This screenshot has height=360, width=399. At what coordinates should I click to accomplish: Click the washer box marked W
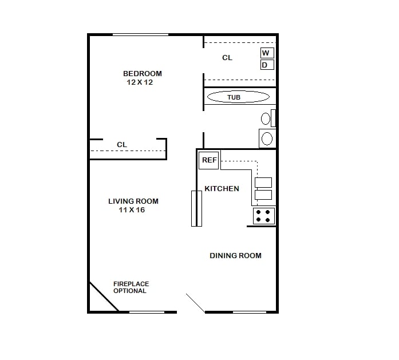[x=266, y=53]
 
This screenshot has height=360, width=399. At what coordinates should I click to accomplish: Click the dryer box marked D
[x=266, y=65]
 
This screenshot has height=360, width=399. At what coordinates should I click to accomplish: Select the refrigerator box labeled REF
[x=209, y=160]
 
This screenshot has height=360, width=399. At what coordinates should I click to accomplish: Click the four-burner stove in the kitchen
[x=264, y=216]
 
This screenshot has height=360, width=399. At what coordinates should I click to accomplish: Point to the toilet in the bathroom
[x=266, y=119]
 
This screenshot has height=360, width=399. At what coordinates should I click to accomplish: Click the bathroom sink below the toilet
[x=267, y=138]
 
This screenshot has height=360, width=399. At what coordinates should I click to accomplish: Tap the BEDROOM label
[x=143, y=73]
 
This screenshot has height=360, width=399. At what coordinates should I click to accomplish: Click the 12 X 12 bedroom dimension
[x=140, y=82]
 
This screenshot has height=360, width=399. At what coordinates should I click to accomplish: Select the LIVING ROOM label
[x=133, y=201]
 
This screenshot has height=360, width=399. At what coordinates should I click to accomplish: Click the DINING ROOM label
[x=235, y=255]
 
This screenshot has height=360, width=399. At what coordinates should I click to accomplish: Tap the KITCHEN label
[x=222, y=188]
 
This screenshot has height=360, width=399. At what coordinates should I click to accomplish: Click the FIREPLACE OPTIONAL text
[x=131, y=287]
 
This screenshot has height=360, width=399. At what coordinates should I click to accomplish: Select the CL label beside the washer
[x=227, y=58]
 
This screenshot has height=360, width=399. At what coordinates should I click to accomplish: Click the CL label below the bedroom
[x=122, y=145]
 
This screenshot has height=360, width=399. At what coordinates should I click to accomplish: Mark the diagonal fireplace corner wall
[x=103, y=296]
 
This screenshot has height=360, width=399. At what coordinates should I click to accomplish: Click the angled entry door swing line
[x=196, y=303]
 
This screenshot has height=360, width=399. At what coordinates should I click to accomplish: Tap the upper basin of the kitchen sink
[x=263, y=183]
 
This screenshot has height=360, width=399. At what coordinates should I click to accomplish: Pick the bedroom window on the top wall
[x=140, y=35]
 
